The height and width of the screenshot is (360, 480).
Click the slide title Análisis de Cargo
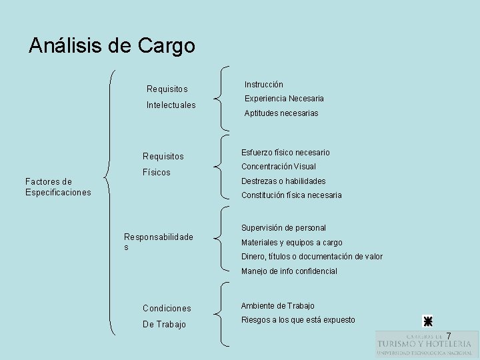point(112,45)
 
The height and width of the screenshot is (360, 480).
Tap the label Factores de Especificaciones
point(57,187)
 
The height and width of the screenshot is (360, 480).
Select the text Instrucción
point(263,85)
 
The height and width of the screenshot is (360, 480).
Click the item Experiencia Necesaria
point(284,99)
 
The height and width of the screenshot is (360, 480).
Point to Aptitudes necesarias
point(281,113)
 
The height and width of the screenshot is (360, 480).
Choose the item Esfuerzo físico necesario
point(285,153)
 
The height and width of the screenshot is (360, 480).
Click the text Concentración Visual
point(279,167)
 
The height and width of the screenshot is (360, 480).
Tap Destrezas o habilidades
point(283,181)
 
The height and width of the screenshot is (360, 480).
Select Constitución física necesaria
point(291,195)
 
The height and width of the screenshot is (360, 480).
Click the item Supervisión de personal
point(283,228)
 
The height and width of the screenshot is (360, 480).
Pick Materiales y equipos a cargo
point(291,243)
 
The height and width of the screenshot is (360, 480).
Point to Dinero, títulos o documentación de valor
point(311,257)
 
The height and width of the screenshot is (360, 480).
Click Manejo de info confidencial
point(289,271)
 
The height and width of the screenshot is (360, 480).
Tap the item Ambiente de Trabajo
point(278,306)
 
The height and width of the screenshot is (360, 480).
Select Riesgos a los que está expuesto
point(298,320)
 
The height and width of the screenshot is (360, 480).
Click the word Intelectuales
point(171,105)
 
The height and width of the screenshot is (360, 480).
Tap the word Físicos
point(157,173)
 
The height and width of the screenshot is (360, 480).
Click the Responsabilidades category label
point(159,241)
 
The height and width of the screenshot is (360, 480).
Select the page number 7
point(449,335)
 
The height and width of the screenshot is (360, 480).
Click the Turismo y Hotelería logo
point(424,344)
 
